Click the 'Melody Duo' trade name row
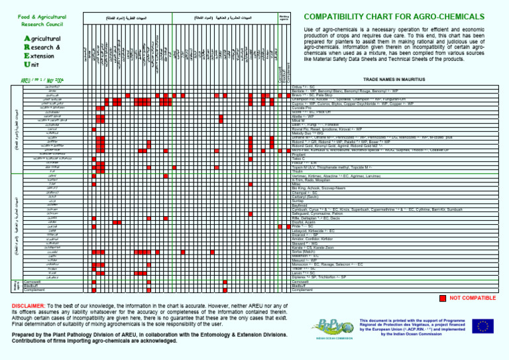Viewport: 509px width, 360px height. pos(312,133)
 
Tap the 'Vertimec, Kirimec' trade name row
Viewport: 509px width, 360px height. pos(331,175)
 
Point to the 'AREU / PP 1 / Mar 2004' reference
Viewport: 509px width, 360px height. pos(40,81)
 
